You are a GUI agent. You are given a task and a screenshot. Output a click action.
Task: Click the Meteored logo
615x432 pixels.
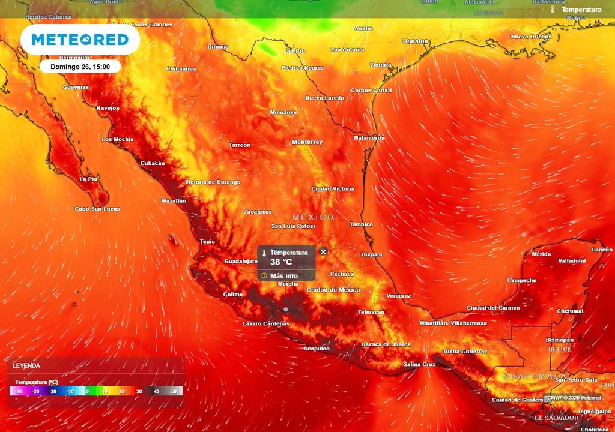(x=80, y=40)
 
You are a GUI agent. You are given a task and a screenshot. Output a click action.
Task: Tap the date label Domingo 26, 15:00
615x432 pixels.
(x=80, y=67)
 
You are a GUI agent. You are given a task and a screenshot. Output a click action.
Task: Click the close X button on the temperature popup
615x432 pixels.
(x=323, y=252)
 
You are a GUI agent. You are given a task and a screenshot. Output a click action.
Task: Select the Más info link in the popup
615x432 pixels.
(x=283, y=276)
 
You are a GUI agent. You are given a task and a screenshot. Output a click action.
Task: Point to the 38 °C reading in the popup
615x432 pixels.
(x=281, y=262)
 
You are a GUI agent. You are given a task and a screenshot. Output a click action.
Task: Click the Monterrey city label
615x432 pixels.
(x=307, y=142)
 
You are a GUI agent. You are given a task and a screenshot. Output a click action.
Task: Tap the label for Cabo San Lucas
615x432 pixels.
(x=97, y=209)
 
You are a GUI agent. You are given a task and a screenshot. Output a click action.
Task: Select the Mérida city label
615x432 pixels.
(x=541, y=254)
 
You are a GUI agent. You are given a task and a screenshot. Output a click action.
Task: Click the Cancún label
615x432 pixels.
(x=602, y=250)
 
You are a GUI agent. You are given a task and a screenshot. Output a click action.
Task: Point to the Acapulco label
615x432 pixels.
(x=316, y=349)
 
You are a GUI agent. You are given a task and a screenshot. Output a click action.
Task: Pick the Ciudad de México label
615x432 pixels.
(x=333, y=290)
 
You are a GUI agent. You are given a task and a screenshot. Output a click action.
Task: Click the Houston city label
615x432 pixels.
(x=416, y=41)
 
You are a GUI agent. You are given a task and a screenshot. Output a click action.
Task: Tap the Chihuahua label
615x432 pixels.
(x=181, y=68)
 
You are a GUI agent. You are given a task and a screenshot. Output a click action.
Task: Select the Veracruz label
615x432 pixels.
(x=399, y=296)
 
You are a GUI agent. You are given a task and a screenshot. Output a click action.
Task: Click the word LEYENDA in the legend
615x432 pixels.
(x=26, y=365)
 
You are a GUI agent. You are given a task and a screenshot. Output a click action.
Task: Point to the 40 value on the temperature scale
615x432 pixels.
(x=156, y=391)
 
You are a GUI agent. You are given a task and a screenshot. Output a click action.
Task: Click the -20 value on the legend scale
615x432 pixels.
(x=53, y=391)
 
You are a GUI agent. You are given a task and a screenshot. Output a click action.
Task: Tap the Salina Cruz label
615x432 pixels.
(x=420, y=364)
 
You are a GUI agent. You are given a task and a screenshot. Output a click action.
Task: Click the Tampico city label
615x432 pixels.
(x=362, y=224)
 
